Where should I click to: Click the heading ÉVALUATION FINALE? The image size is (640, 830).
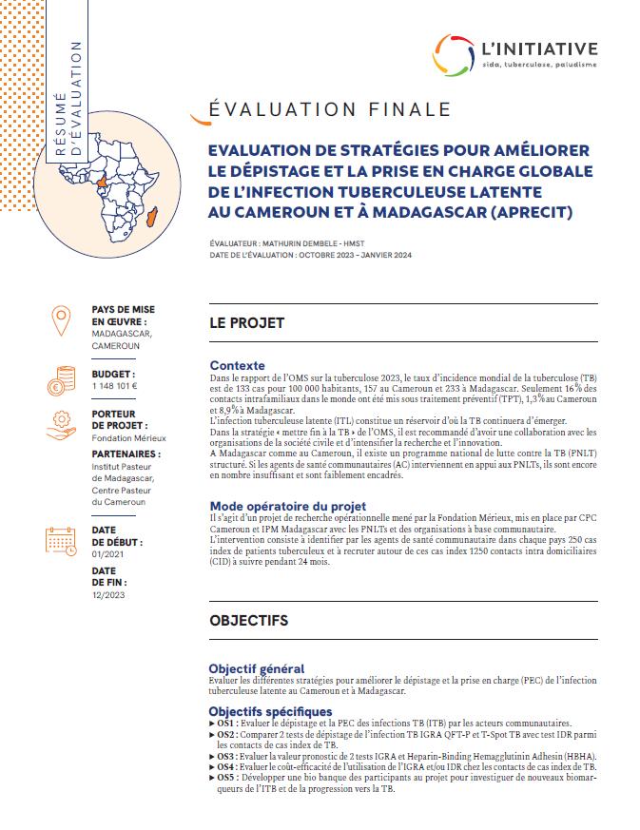(x=321, y=109)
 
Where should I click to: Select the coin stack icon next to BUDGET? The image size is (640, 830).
(x=62, y=377)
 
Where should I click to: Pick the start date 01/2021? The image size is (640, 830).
(x=107, y=554)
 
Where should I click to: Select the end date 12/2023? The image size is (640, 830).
(x=107, y=594)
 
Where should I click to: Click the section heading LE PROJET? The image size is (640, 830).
(x=246, y=323)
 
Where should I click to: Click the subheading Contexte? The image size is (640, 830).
(x=237, y=365)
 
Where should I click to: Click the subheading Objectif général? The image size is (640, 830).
(x=256, y=669)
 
